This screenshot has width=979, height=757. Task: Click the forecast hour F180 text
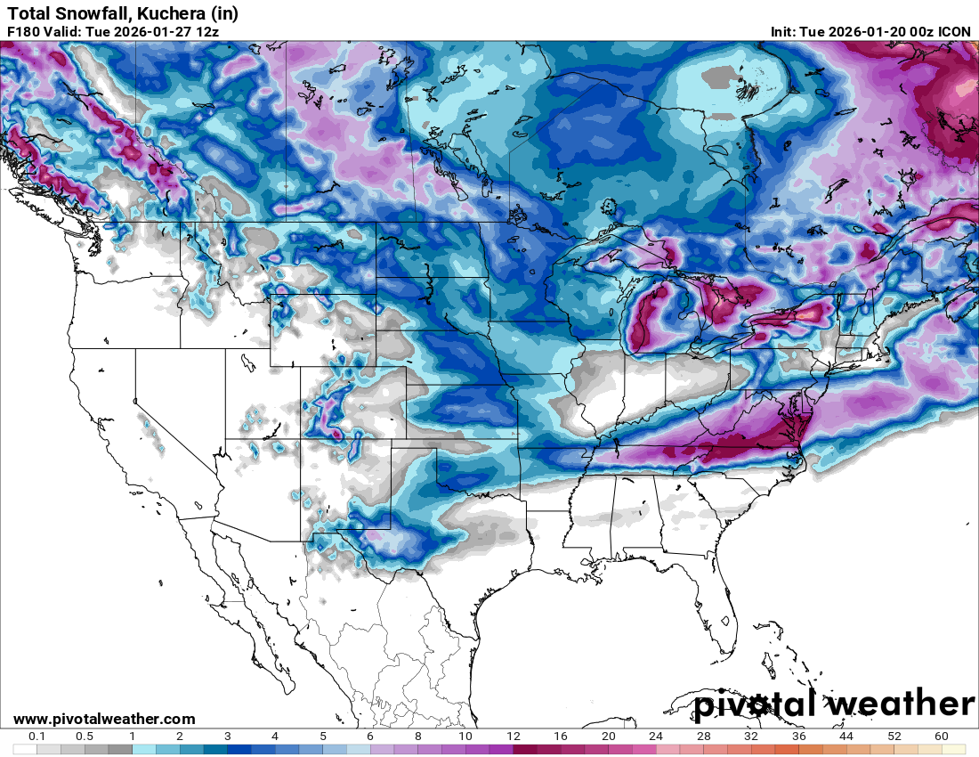point(24,31)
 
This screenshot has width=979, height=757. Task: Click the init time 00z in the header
point(918,31)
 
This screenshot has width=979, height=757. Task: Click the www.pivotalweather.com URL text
point(104,719)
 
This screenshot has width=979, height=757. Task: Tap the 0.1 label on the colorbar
point(37,737)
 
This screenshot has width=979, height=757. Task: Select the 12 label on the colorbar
point(513,737)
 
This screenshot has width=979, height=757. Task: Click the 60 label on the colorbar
point(942,737)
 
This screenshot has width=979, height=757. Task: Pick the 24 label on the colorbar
point(656,737)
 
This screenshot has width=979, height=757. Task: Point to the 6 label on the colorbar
point(370,737)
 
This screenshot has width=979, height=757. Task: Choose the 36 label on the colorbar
point(798,737)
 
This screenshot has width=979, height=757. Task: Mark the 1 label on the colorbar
point(132,737)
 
